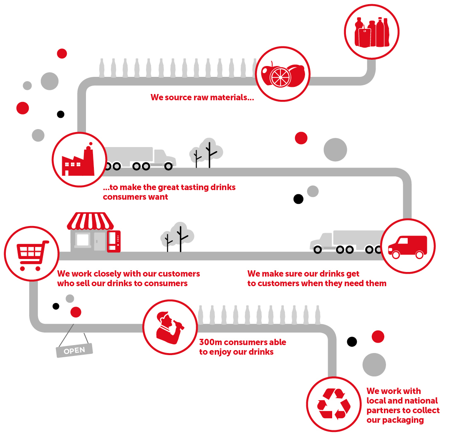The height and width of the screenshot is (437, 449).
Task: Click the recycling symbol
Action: pyautogui.click(x=333, y=404)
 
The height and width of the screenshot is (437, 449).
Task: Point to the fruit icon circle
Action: pyautogui.click(x=283, y=74)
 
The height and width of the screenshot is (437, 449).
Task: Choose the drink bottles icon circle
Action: pyautogui.click(x=371, y=32)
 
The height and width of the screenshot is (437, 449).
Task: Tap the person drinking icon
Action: pyautogui.click(x=169, y=327)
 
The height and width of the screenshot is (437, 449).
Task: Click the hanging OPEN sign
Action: pyautogui.click(x=74, y=350)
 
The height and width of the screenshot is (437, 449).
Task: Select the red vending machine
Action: pyautogui.click(x=114, y=241)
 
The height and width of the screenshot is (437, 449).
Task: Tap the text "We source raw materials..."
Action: pyautogui.click(x=202, y=98)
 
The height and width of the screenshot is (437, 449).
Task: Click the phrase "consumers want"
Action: pyautogui.click(x=135, y=197)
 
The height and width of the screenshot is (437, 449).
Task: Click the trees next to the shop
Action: pyautogui.click(x=177, y=237)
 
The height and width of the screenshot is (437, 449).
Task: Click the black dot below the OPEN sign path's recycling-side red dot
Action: pyautogui.click(x=352, y=342)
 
